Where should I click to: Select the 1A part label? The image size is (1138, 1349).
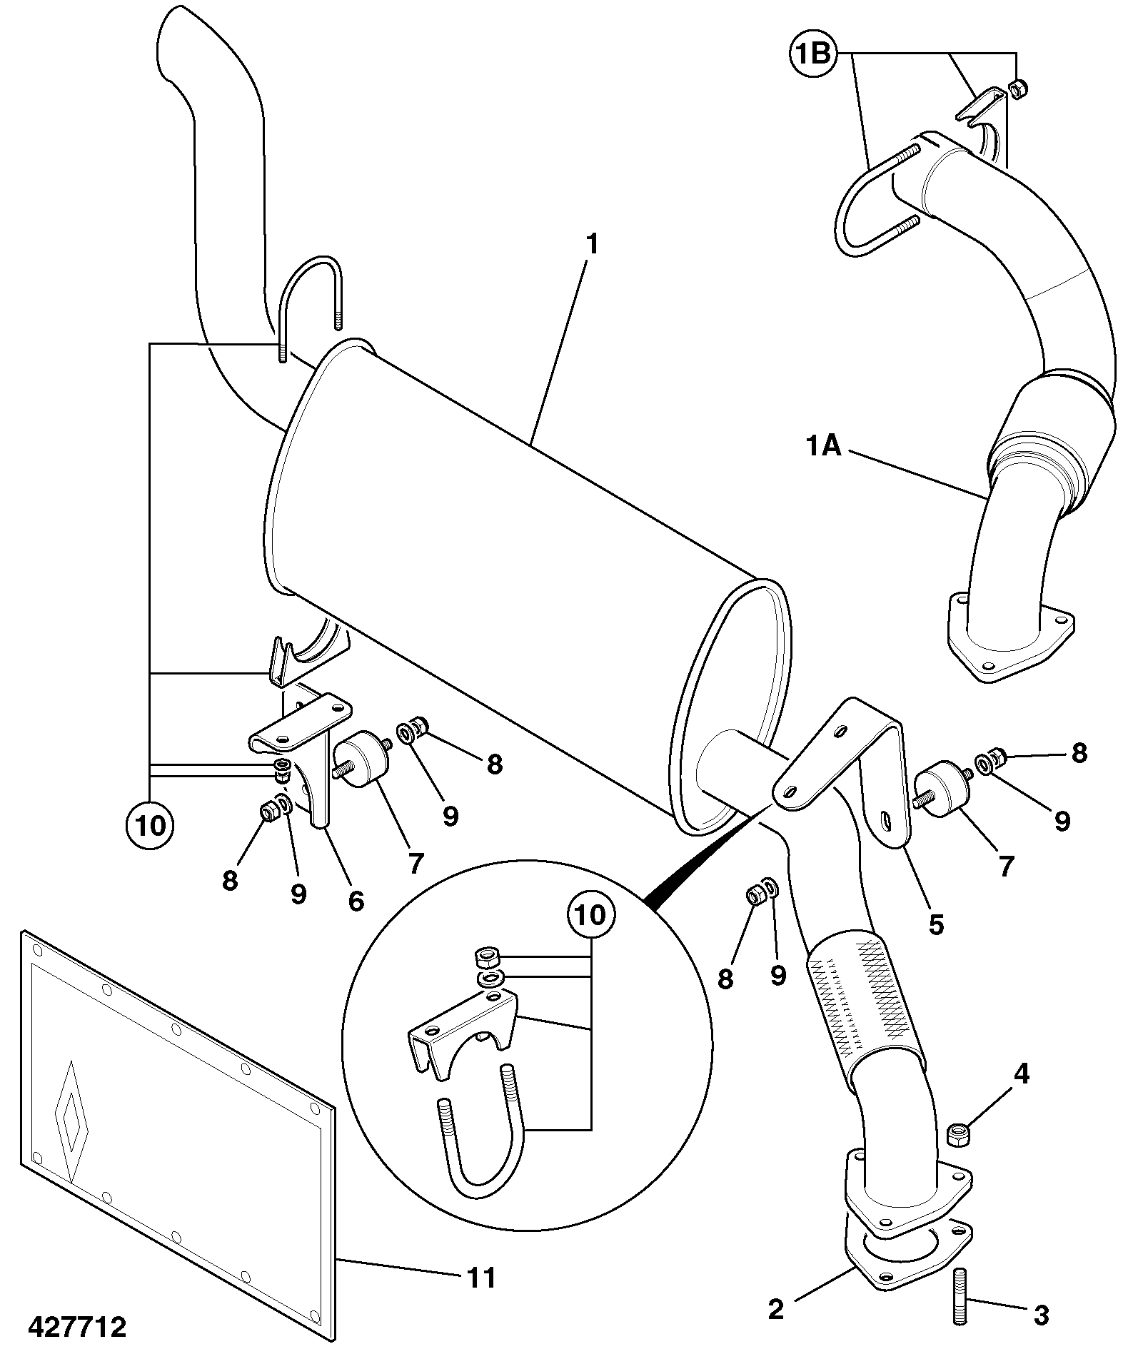point(823,447)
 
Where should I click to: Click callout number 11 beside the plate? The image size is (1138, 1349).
point(481,1278)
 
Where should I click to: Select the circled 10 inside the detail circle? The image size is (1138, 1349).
point(590,915)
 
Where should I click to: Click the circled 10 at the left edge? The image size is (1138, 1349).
point(150,826)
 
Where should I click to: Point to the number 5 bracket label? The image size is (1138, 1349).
point(936,924)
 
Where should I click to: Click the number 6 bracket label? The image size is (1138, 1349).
point(356,901)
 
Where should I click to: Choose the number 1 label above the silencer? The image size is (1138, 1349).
point(591,245)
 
